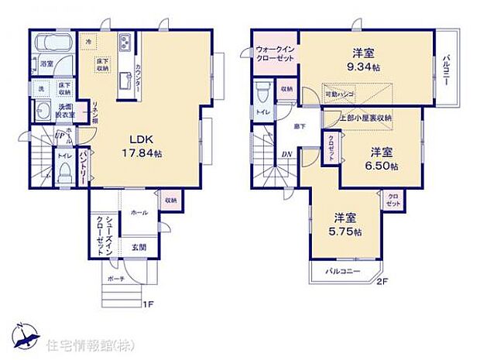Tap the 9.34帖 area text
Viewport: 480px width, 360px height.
point(365,67)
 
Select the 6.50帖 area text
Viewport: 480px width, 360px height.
point(382,166)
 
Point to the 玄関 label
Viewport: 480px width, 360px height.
point(137,247)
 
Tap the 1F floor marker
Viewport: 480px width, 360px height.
point(146,303)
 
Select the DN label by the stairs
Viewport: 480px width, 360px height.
point(286,153)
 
